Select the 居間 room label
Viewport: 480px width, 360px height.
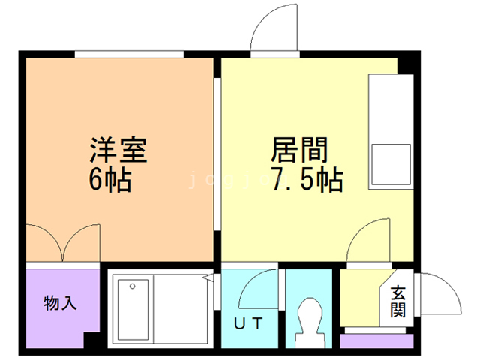pyautogui.click(x=299, y=151)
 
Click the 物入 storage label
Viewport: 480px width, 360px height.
pyautogui.click(x=60, y=304)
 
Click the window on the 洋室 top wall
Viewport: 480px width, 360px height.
pyautogui.click(x=129, y=53)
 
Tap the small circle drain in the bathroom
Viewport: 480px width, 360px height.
pyautogui.click(x=133, y=286)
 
